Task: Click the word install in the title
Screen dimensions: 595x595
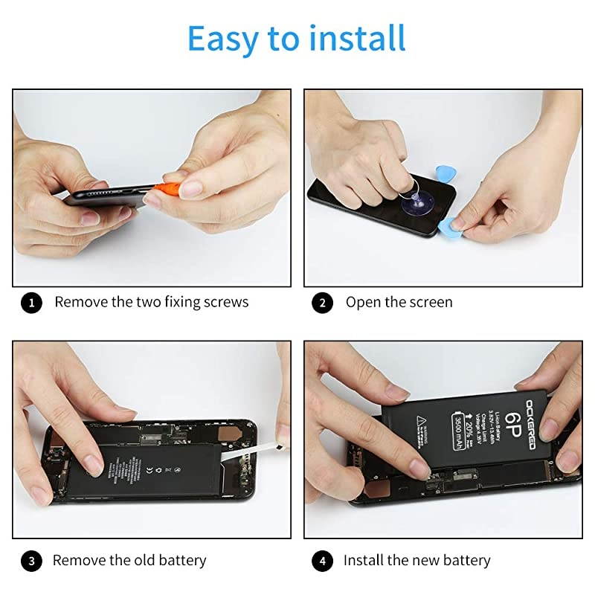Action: [359, 38]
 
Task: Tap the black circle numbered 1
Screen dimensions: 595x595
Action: [31, 303]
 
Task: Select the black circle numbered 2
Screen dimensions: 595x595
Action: [322, 303]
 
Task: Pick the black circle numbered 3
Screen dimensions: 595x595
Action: [31, 561]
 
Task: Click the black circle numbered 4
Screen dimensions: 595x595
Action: [322, 561]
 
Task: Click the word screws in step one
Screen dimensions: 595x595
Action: [225, 302]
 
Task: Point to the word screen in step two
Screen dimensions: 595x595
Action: [426, 302]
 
